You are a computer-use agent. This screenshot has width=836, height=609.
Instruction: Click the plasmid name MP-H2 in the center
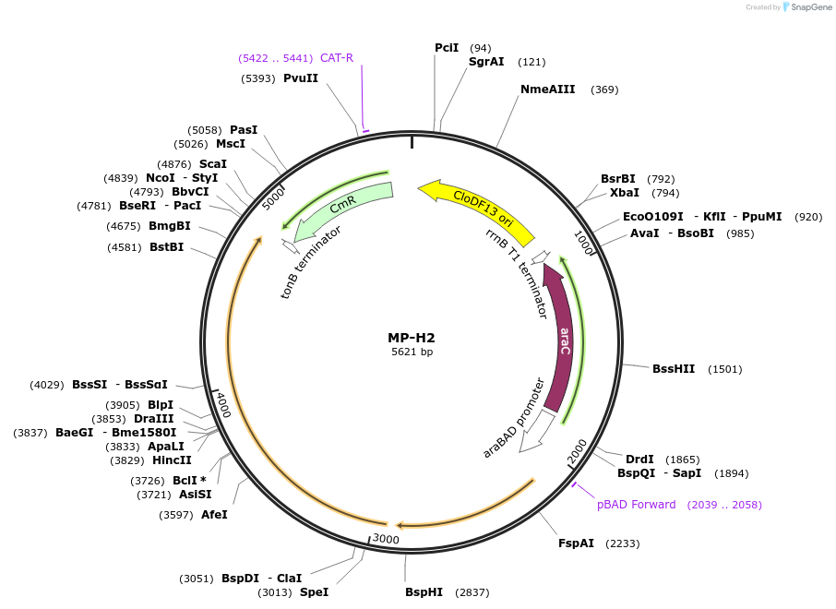[x=412, y=338]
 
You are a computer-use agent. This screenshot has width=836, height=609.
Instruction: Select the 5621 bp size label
[x=412, y=352]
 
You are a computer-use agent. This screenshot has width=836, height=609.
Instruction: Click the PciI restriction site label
[x=447, y=48]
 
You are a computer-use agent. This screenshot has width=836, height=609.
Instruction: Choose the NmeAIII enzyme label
[x=547, y=90]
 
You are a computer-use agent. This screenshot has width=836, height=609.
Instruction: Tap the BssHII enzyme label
[x=674, y=369]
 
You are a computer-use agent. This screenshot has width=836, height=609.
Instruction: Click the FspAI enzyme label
[x=576, y=543]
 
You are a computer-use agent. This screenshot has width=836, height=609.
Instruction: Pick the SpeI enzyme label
[x=314, y=592]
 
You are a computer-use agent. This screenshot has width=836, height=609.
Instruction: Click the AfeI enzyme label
[x=214, y=515]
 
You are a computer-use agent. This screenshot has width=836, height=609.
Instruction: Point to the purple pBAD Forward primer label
[x=636, y=505]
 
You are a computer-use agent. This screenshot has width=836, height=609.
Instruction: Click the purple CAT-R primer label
[x=337, y=58]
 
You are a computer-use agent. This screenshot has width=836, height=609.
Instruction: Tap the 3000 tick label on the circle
[x=386, y=539]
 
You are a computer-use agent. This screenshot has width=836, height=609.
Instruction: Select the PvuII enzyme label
[x=301, y=78]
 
